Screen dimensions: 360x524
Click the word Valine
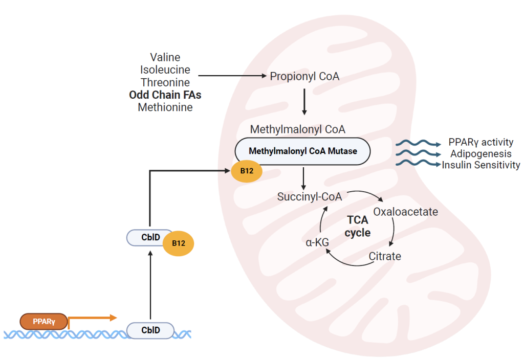(165, 57)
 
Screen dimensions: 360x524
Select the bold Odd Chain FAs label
(165, 95)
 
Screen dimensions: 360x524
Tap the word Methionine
(165, 107)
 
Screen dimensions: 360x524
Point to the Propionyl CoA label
(304, 76)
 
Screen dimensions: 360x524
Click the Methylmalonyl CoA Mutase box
(302, 151)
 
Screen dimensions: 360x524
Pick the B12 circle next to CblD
(178, 243)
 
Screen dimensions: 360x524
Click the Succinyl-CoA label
(310, 196)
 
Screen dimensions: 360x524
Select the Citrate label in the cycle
(385, 256)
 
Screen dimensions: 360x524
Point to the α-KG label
(317, 242)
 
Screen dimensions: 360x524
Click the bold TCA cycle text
(357, 226)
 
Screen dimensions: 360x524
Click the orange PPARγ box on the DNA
(44, 322)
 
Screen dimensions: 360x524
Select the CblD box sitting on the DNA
(150, 330)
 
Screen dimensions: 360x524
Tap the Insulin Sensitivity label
(481, 165)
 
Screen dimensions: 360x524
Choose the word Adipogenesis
(481, 153)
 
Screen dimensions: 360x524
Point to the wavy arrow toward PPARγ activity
(418, 143)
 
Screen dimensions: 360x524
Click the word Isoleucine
(165, 70)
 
